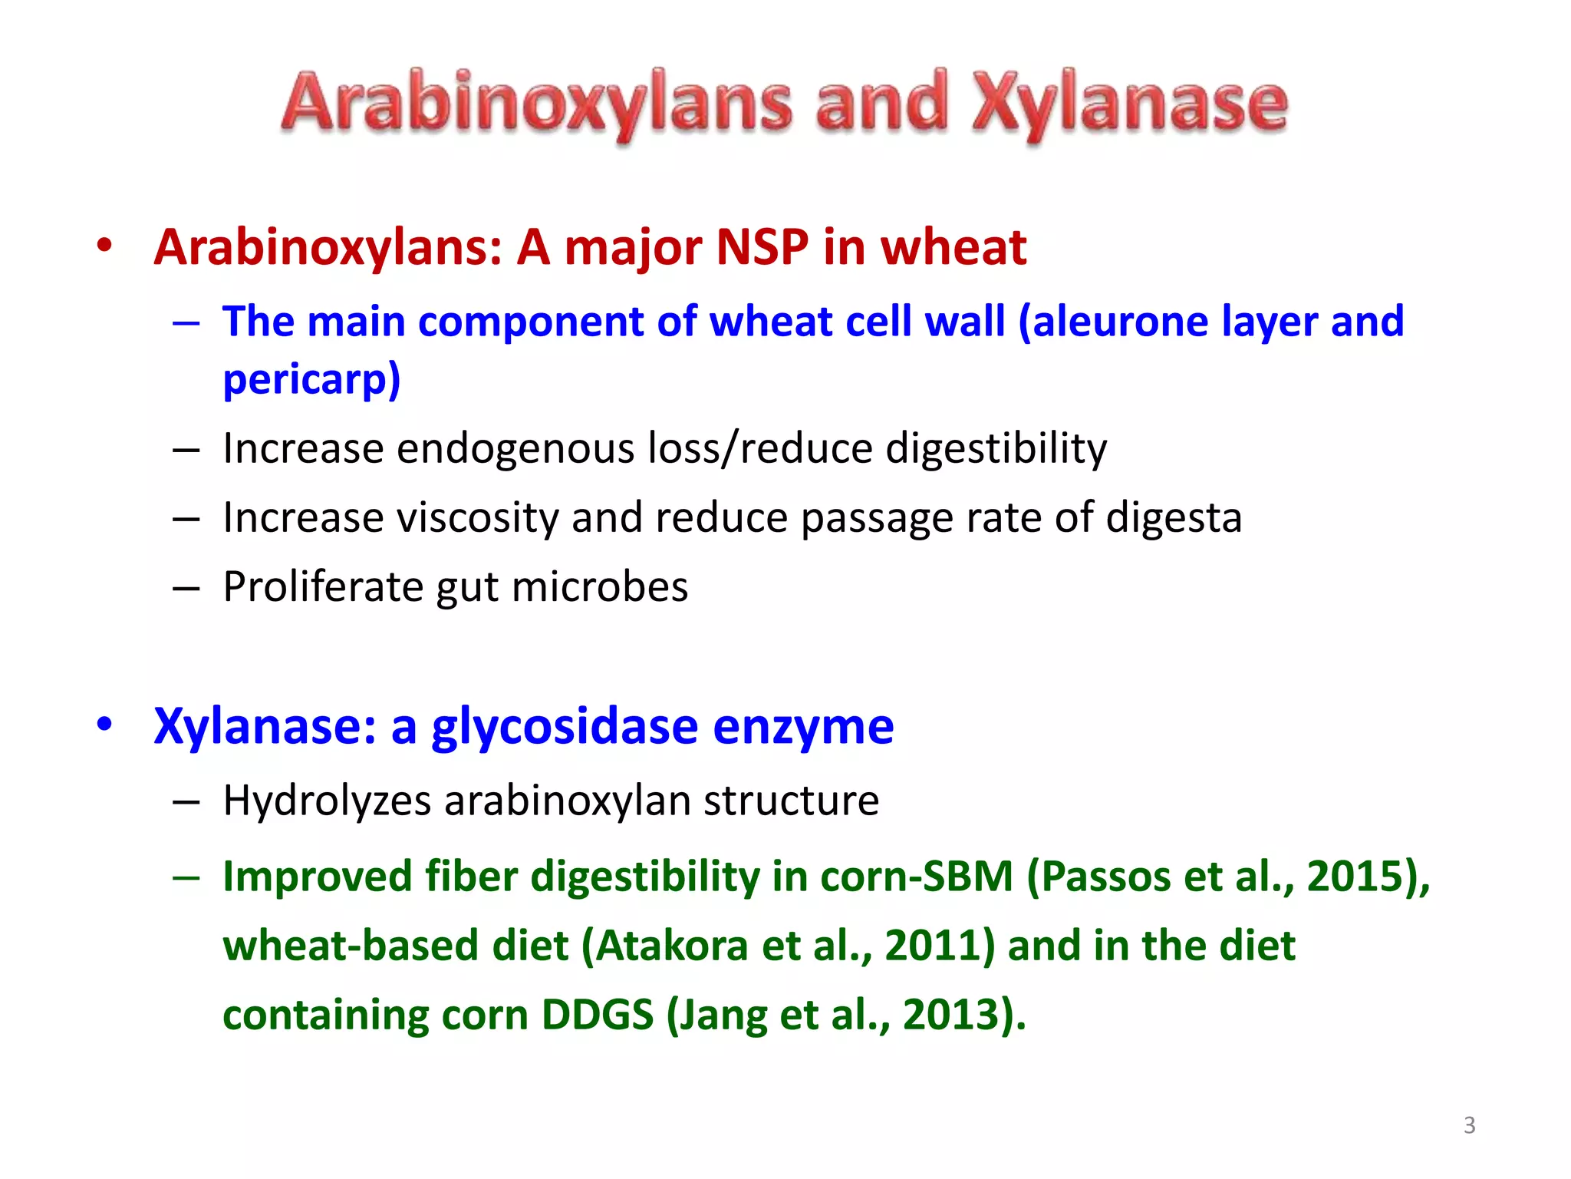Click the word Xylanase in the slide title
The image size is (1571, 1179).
(x=1129, y=104)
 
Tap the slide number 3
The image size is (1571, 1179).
(x=1469, y=1125)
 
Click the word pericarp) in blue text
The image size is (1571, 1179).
(x=311, y=378)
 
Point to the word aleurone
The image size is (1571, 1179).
(x=1120, y=321)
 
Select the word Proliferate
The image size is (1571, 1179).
(x=323, y=586)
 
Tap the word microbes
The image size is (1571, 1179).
(x=600, y=586)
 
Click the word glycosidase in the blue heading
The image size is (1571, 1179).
(x=565, y=726)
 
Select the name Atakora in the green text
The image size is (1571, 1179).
(x=672, y=945)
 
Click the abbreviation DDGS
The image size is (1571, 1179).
(x=598, y=1015)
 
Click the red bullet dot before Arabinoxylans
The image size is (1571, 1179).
(x=104, y=246)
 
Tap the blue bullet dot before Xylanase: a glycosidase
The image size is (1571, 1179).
(x=104, y=724)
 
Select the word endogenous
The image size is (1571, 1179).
(x=515, y=448)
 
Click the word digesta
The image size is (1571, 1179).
(x=1174, y=517)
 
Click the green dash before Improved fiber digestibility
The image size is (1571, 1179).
(x=186, y=877)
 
